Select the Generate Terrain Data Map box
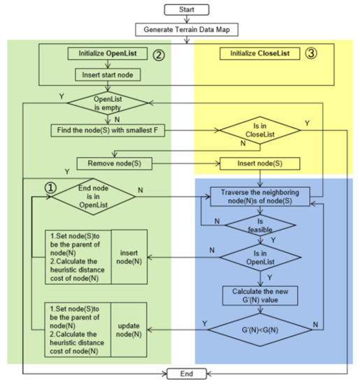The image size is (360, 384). pyautogui.click(x=185, y=30)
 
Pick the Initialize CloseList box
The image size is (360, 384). pyautogui.click(x=255, y=54)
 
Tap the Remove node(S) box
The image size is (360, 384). pyautogui.click(x=108, y=164)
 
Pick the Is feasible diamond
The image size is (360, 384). pyautogui.click(x=258, y=226)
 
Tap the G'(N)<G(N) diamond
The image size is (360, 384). pyautogui.click(x=258, y=326)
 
